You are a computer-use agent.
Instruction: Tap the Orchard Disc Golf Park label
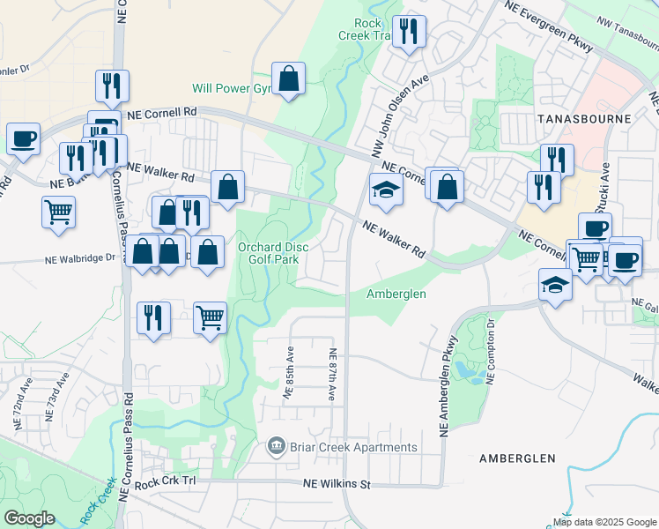273,253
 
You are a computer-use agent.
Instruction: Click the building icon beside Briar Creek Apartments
277,447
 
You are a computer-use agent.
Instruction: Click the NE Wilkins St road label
338,484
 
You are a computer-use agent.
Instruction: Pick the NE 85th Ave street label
287,374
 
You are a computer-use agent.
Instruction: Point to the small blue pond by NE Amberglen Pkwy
466,373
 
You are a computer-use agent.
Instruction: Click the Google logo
29,518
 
